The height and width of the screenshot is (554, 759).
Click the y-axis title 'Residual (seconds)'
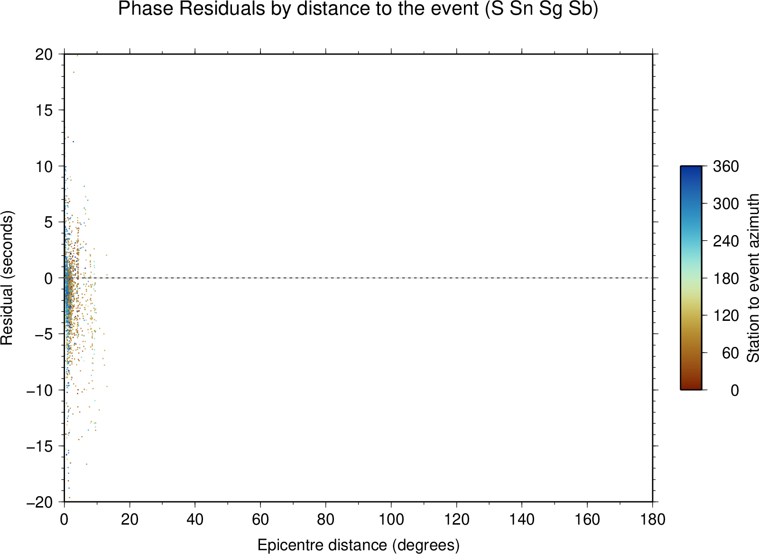[7, 278]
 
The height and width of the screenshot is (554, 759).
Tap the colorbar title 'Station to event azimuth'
[752, 278]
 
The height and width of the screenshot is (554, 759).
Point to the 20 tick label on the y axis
[44, 54]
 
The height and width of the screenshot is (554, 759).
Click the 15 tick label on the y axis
[44, 110]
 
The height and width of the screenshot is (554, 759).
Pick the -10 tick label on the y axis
[40, 391]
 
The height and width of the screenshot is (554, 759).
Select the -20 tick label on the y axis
[40, 502]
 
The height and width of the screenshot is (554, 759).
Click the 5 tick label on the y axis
[49, 222]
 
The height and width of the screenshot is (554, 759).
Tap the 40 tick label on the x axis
[195, 519]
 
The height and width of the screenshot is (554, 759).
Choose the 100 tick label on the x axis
[391, 519]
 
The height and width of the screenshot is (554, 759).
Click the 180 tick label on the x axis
[653, 519]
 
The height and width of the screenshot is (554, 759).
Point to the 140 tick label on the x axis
[522, 519]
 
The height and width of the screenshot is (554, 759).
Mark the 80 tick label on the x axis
[325, 519]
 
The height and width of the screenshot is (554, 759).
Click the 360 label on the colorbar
[726, 166]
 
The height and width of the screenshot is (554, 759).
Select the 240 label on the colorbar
[726, 241]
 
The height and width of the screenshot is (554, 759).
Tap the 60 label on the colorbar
[730, 353]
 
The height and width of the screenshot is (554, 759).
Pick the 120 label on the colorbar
[726, 316]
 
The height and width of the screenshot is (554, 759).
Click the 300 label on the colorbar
[726, 204]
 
